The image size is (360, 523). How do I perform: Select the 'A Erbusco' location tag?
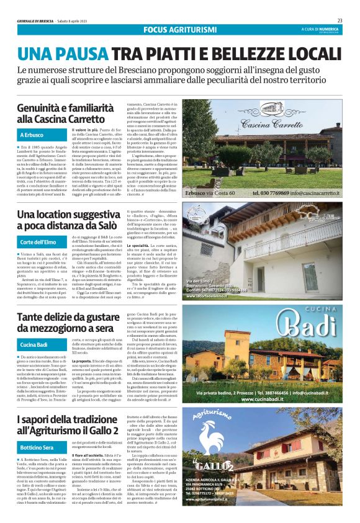pyautogui.click(x=32, y=135)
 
